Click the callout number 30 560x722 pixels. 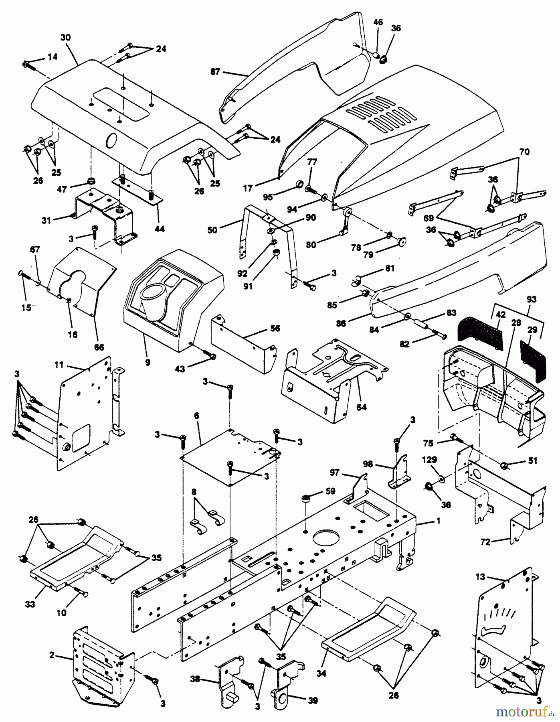tap(65, 37)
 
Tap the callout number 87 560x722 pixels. tap(215, 73)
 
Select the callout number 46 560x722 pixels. tap(378, 22)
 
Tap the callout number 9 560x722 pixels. tap(148, 363)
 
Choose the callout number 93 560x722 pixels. tap(532, 299)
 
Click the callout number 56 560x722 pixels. tap(275, 329)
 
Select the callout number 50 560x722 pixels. tap(212, 230)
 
